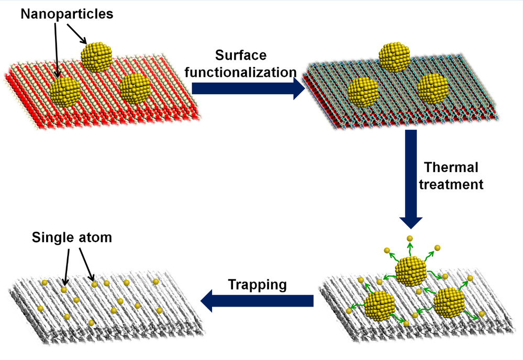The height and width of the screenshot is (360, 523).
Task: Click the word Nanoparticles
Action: click(x=66, y=14)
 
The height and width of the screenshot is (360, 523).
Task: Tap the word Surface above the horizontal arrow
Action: click(x=240, y=55)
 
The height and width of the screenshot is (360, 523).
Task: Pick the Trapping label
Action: click(x=257, y=285)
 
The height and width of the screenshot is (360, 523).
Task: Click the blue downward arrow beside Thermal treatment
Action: click(x=411, y=178)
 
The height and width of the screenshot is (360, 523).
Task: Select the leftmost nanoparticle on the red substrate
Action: click(x=65, y=91)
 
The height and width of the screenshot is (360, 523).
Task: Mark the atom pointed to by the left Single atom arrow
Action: click(x=64, y=289)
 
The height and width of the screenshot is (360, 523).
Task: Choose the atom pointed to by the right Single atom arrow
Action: click(x=95, y=285)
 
